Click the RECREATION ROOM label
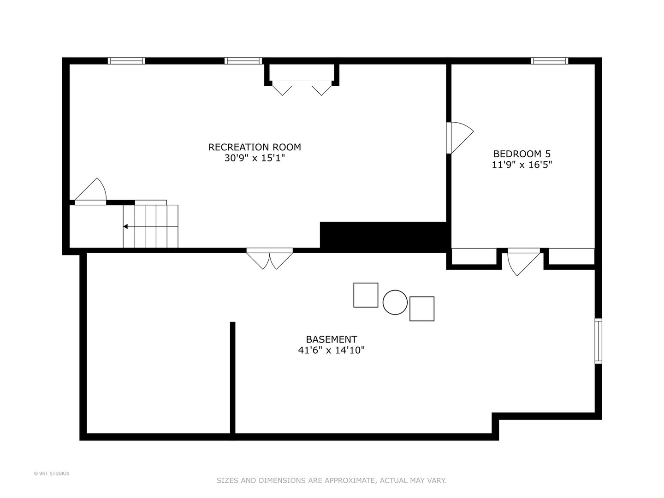coord(255,147)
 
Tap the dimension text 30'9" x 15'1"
coord(255,158)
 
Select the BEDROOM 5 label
coord(522,154)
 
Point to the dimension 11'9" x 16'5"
coord(522,165)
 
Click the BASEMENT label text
coord(331,339)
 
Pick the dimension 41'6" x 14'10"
coord(331,350)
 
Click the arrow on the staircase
coord(125,226)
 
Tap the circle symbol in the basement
coord(395,302)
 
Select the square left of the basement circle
coord(366,295)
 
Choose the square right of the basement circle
coord(422,309)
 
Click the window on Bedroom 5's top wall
coord(549,61)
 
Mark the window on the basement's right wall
coord(599,341)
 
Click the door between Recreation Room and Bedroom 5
coord(460,138)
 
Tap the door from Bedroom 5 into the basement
coord(523,262)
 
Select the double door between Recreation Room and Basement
coord(270,259)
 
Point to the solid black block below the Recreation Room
coord(383,237)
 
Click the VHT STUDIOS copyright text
coord(52,474)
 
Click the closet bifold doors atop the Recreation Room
coord(302,88)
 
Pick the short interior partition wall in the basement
coord(232,378)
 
